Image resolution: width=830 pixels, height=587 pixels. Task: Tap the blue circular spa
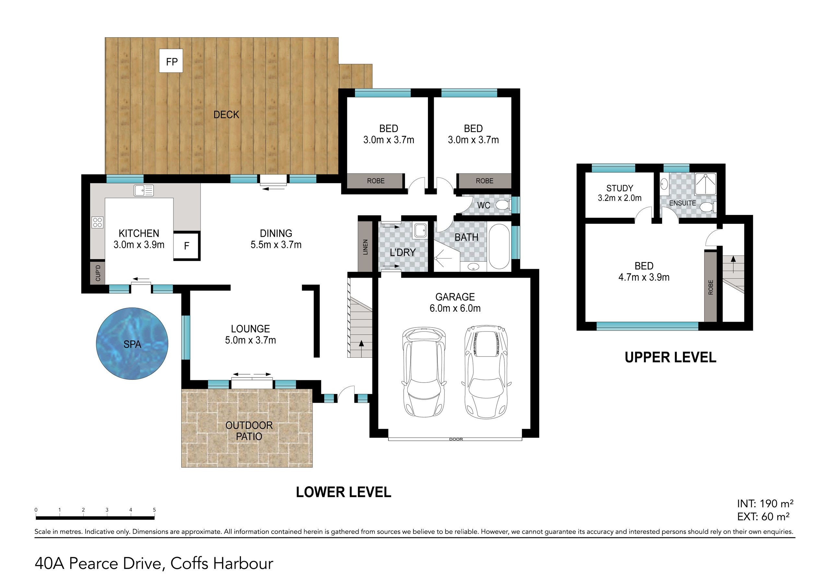(x=132, y=343)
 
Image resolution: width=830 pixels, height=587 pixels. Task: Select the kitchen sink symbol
(x=144, y=190)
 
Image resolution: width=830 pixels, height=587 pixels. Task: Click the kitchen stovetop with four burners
(x=97, y=222)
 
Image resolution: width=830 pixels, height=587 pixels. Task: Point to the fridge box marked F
(x=186, y=246)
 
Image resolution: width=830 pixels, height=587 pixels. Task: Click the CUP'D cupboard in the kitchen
(x=98, y=272)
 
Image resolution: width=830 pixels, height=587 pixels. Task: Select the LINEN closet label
(x=365, y=247)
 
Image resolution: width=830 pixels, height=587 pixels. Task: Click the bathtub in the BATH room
(x=499, y=246)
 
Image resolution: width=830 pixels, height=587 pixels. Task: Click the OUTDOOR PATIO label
(x=249, y=431)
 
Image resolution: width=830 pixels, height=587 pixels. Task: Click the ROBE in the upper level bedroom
(x=710, y=287)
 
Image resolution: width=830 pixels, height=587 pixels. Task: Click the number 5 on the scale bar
(x=154, y=510)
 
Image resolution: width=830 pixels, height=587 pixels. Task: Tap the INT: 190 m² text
(x=765, y=503)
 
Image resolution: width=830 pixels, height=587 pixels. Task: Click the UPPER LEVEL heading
(x=670, y=357)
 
